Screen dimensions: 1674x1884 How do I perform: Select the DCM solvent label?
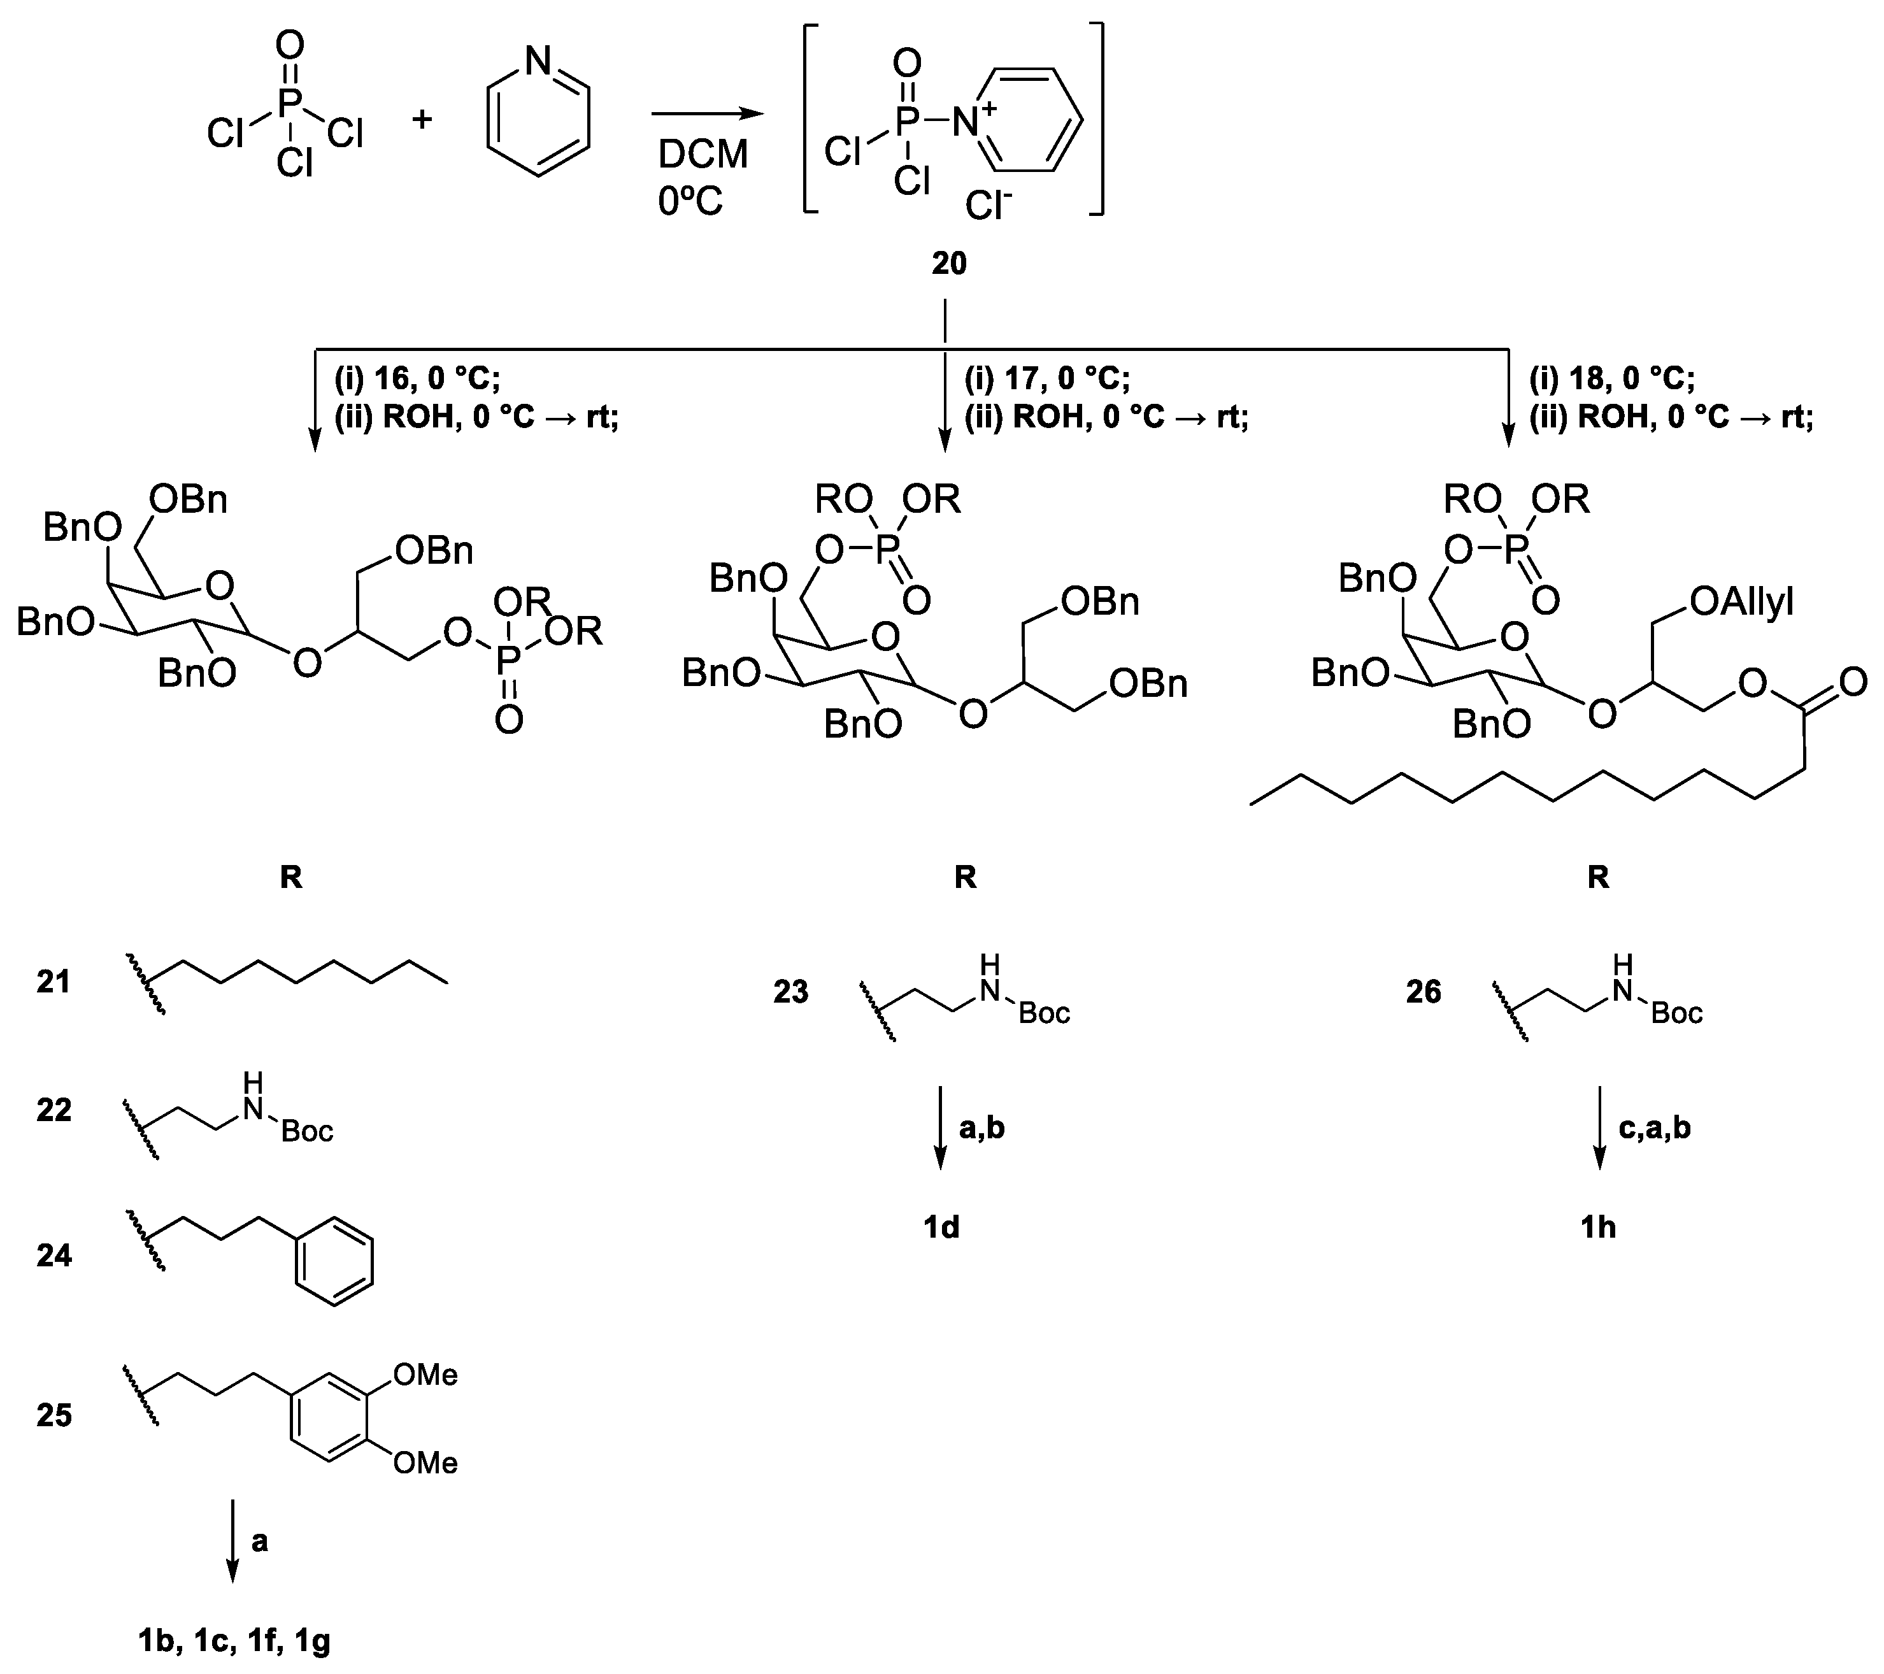703,155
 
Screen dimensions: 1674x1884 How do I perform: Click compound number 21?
54,982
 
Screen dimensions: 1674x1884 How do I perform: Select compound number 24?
54,1255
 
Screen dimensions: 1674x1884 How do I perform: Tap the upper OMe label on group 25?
425,1375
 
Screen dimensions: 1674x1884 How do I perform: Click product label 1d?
941,1227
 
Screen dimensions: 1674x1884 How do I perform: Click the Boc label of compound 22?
307,1131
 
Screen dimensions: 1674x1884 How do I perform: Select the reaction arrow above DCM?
707,114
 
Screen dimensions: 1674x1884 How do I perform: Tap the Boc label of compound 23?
1045,1014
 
